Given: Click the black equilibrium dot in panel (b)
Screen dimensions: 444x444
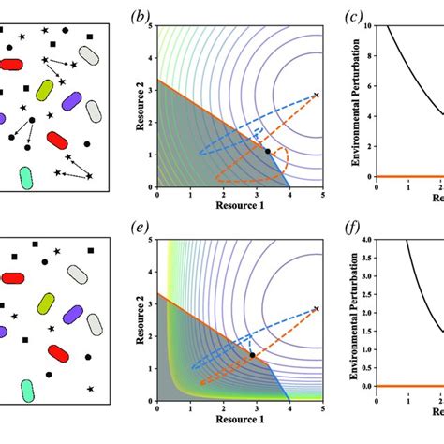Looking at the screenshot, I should pos(267,151).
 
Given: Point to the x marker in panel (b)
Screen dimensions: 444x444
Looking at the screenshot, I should pos(316,95).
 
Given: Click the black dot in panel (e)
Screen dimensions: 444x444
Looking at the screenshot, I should pos(252,355).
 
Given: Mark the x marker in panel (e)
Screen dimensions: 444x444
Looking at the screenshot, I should pos(316,308).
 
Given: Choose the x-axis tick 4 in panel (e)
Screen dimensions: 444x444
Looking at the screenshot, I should pos(285,408).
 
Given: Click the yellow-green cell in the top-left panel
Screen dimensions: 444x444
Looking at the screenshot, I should pos(44,91).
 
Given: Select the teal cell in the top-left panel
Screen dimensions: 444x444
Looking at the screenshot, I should pos(25,175).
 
